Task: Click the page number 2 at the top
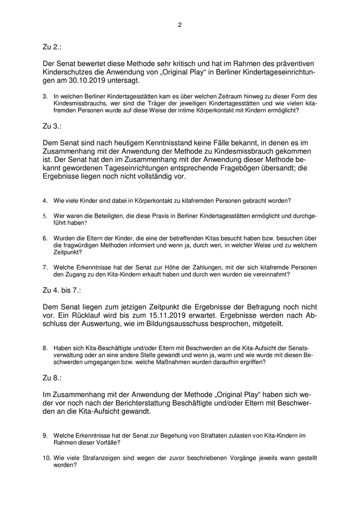[180, 25]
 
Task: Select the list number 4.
[45, 200]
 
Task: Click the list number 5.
[45, 216]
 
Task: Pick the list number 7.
[45, 267]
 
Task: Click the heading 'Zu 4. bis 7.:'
[62, 290]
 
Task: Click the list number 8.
[45, 348]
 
